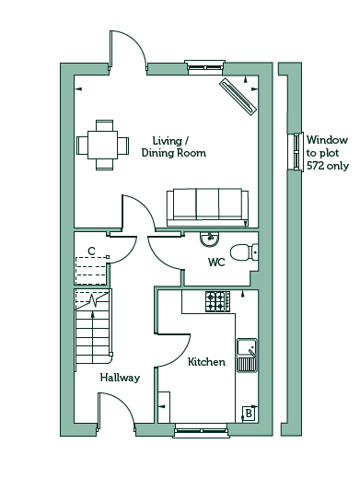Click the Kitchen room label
[206, 362]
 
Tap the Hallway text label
[120, 378]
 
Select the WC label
[216, 263]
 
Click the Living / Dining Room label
[174, 146]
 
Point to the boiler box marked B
[249, 414]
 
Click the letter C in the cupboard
[91, 251]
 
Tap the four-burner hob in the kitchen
[217, 301]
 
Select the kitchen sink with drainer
[247, 356]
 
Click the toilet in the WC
[244, 252]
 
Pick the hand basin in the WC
[210, 239]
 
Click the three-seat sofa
[207, 208]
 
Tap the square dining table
[102, 145]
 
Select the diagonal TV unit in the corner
[238, 97]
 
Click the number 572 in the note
[315, 166]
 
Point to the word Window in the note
[327, 140]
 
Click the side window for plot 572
[296, 152]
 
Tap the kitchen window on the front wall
[201, 430]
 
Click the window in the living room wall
[205, 67]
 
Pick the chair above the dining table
[104, 125]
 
